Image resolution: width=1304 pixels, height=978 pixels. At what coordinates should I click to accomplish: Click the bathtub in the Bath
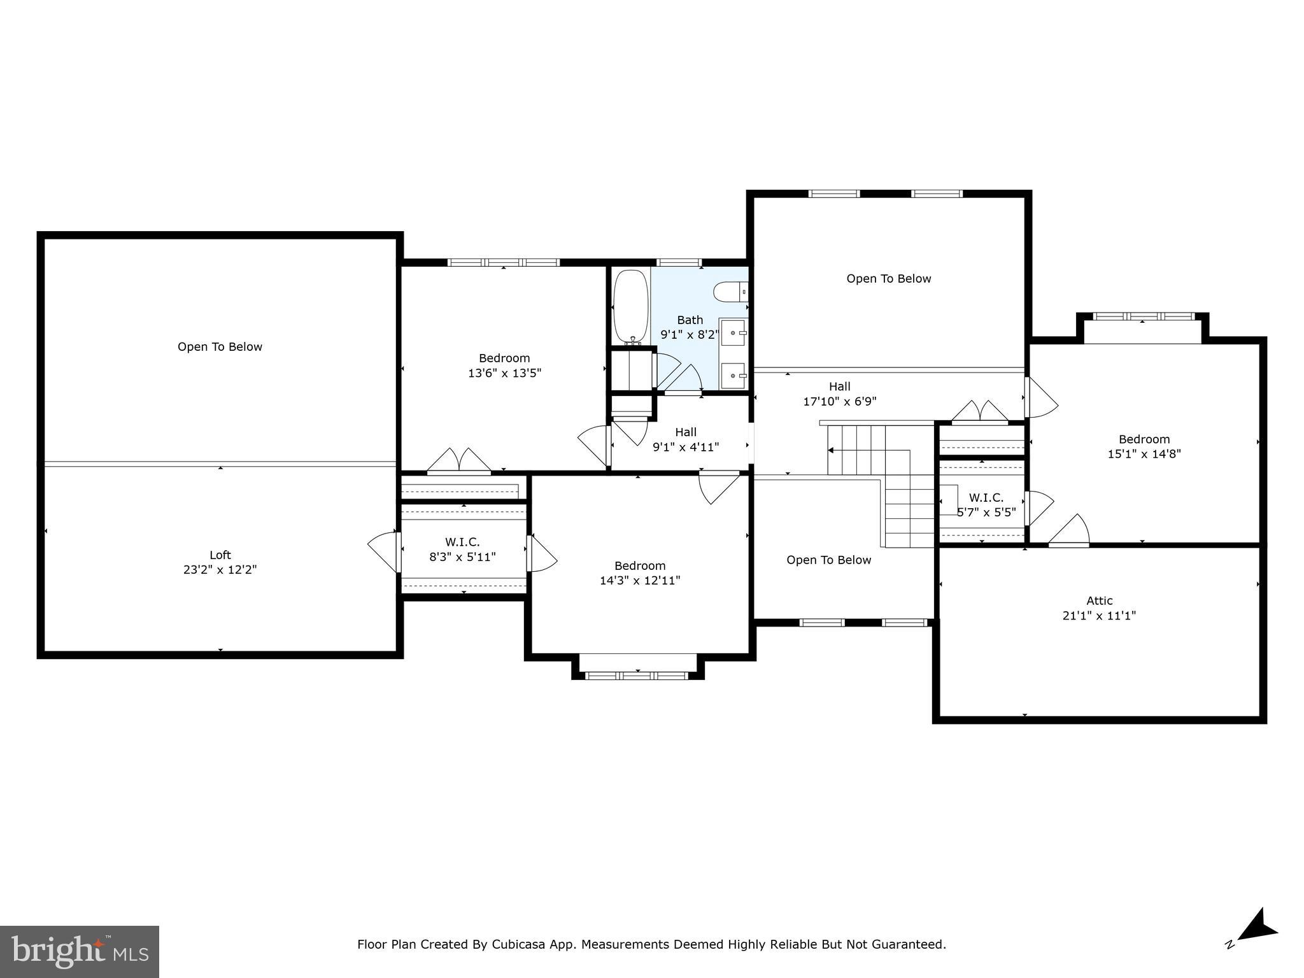click(630, 308)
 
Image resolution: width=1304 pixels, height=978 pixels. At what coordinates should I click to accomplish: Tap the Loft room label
click(220, 555)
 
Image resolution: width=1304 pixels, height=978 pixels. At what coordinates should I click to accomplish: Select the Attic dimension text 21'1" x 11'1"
click(1099, 616)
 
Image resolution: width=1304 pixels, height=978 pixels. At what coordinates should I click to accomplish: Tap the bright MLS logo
click(80, 952)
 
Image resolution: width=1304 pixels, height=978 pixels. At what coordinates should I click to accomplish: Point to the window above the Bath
click(679, 262)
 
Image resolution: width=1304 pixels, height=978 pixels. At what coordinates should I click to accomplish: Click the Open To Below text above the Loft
click(220, 347)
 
